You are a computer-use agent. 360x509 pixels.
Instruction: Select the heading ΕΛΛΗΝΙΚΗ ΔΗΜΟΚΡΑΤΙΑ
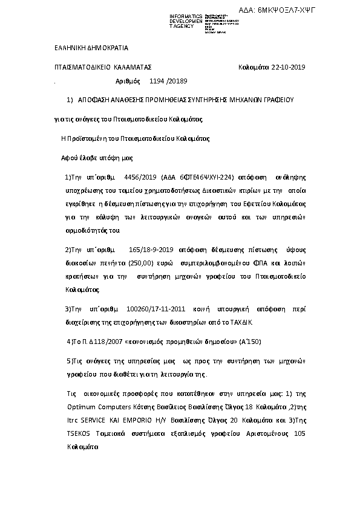[87, 47]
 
